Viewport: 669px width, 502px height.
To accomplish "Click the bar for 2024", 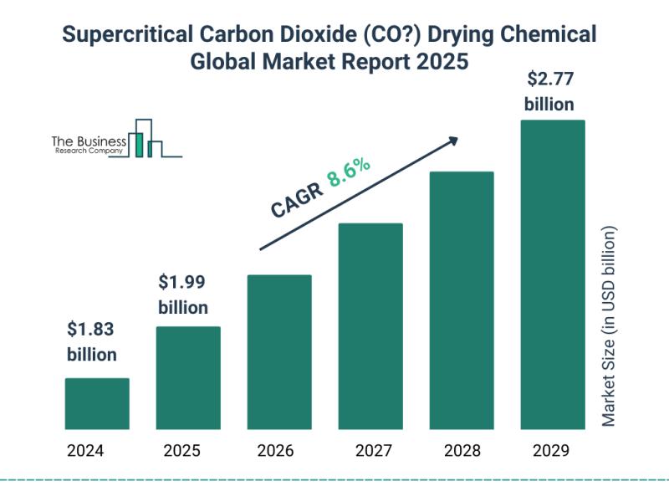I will click(97, 404).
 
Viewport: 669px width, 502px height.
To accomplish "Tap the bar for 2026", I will click(279, 352).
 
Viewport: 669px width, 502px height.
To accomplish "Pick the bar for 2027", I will click(370, 326).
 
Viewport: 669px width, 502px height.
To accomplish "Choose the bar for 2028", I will click(462, 300).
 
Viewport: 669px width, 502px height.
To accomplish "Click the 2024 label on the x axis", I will click(86, 451).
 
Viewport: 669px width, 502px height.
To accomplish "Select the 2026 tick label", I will click(275, 451).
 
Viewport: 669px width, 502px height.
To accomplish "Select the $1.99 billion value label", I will click(183, 294).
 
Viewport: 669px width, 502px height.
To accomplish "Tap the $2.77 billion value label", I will click(549, 93).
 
